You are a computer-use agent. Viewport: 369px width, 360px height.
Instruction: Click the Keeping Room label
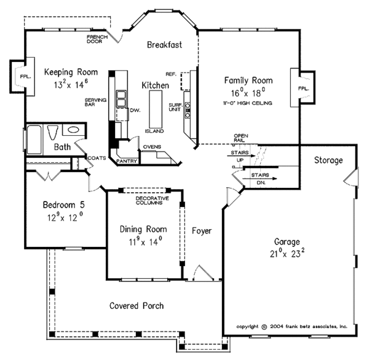(71, 72)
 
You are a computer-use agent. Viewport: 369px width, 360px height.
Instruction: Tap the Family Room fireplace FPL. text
(303, 88)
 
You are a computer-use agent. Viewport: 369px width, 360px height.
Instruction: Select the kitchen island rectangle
(156, 109)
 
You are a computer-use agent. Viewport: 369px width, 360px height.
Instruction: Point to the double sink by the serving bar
(121, 98)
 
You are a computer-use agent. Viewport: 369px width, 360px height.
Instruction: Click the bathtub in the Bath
(34, 139)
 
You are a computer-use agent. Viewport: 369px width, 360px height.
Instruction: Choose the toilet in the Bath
(52, 133)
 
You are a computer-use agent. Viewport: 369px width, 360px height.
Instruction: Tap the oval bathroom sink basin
(73, 130)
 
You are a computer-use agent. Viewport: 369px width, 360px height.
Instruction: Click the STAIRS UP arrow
(241, 155)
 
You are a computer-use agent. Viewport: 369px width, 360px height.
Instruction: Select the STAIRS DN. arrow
(260, 179)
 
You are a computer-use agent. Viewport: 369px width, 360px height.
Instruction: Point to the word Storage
(328, 160)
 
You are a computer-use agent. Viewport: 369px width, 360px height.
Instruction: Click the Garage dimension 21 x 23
(287, 253)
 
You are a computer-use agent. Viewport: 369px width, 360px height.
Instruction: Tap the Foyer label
(202, 231)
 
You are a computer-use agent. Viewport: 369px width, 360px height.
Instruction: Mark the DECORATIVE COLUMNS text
(153, 200)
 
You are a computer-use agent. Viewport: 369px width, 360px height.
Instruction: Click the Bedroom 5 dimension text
(65, 217)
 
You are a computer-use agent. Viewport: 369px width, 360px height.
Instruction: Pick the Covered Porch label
(137, 306)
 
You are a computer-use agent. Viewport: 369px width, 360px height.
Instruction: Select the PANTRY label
(127, 161)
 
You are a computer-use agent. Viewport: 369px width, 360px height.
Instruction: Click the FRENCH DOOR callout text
(97, 39)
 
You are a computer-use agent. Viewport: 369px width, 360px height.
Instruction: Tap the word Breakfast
(164, 45)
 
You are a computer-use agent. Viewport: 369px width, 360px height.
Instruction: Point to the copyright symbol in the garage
(264, 327)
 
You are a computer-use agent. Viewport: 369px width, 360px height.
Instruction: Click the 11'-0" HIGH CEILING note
(248, 103)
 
